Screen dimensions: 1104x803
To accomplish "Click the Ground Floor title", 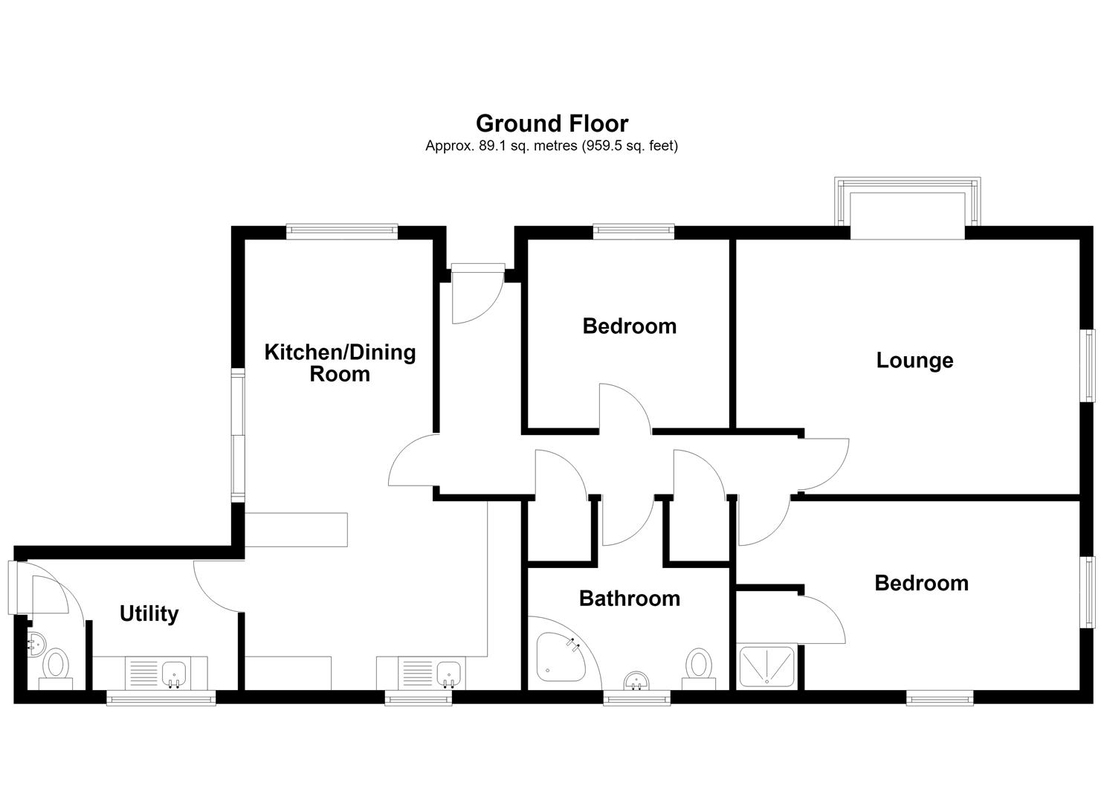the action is click(552, 123).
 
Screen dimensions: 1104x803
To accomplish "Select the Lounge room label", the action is click(914, 361).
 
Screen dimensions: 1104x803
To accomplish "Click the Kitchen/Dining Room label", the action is click(340, 364).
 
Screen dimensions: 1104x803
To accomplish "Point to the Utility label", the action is click(149, 614).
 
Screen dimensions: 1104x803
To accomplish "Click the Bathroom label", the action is click(630, 599).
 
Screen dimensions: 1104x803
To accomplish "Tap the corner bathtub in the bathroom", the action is click(561, 657).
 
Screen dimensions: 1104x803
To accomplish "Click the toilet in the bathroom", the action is click(699, 668).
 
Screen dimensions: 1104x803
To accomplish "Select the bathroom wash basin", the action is click(636, 681).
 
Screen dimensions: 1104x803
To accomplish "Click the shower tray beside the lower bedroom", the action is click(766, 666).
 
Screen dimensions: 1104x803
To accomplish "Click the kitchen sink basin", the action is click(448, 674).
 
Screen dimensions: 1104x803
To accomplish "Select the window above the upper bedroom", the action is click(633, 232).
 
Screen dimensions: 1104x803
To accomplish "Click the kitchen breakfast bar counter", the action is click(296, 530).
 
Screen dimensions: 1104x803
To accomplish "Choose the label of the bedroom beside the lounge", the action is click(630, 326).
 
